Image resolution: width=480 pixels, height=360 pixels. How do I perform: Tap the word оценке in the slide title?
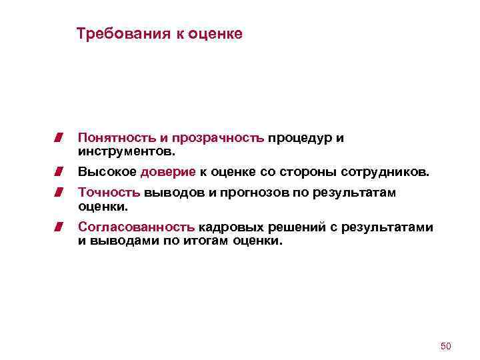215,33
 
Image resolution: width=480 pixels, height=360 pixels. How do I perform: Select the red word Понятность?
117,138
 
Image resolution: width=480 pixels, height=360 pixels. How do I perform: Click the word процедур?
299,138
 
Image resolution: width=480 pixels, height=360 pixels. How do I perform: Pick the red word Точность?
109,193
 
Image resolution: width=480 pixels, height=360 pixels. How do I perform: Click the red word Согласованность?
137,227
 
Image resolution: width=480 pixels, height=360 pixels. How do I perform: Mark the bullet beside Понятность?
59,138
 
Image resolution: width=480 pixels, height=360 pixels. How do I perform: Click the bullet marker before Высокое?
59,172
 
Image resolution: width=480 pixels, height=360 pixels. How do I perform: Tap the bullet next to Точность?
59,193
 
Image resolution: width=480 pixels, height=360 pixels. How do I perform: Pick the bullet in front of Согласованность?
59,227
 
